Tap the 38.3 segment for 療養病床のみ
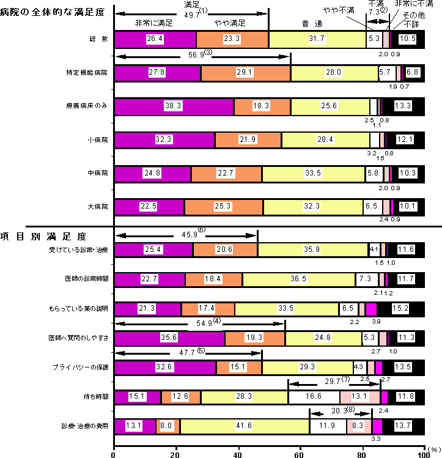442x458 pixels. coord(174,106)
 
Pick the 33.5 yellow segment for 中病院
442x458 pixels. coord(313,174)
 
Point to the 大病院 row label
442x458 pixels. coord(98,207)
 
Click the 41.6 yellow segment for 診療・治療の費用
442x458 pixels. coord(245,426)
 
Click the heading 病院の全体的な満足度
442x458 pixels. coord(52,12)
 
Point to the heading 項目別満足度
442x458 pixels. coord(43,235)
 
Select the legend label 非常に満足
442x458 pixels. coord(153,23)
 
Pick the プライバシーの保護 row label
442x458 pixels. coord(81,368)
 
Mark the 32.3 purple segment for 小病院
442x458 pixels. coord(164,140)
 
